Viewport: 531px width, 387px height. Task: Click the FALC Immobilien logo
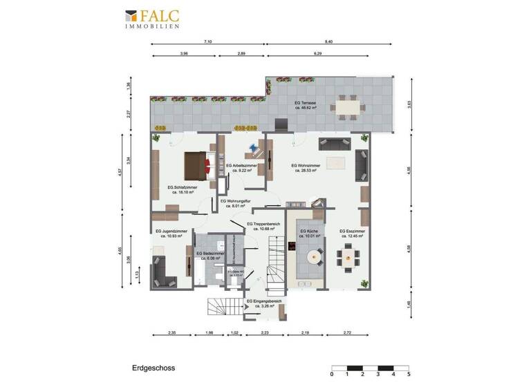(x=153, y=19)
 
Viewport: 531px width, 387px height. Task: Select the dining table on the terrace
(x=344, y=108)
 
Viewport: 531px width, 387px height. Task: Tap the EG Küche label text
(x=308, y=233)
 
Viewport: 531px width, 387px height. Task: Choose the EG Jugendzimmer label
(x=171, y=234)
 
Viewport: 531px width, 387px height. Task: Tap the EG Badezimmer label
(x=209, y=255)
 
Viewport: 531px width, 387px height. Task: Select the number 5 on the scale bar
(x=409, y=374)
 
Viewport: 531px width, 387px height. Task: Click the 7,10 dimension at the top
(x=208, y=42)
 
